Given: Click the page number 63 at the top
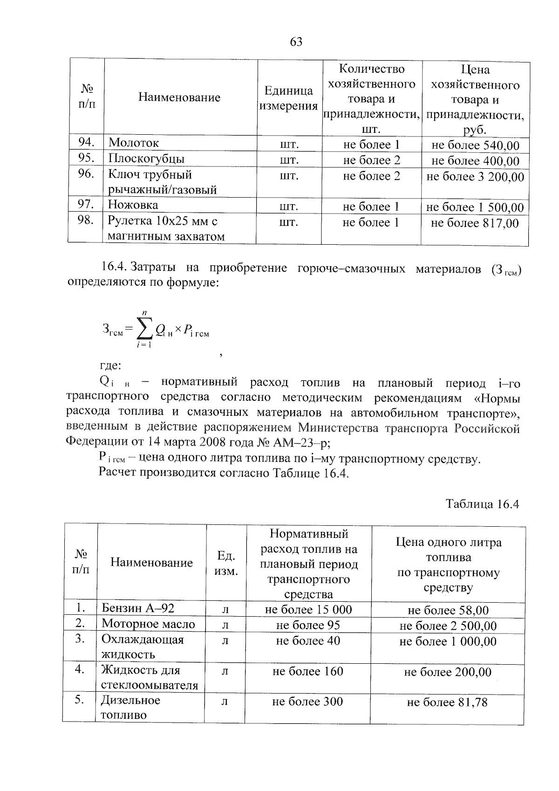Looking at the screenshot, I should coord(296,42).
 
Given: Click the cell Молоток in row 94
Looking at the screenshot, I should coord(133,143).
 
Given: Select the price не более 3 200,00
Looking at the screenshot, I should coord(475,177).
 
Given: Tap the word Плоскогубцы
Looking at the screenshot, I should coord(146,158).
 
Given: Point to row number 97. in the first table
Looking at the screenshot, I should coord(86,204).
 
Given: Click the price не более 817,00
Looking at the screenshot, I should coord(474,223).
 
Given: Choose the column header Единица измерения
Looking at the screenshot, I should coord(288,98).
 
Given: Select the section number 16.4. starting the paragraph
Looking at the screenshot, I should coord(114,267).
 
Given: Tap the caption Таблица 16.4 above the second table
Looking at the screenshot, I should coord(482,504).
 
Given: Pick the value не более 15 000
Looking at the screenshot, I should coord(308,610).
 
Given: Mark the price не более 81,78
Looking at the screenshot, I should coord(447,702).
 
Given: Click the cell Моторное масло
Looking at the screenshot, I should coord(148,624).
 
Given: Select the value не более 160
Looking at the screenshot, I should coord(307,671).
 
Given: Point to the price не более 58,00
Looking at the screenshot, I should coord(448,611).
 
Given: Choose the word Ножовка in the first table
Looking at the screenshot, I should coord(133,205).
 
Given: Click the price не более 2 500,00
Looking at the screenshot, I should coord(448,626).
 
